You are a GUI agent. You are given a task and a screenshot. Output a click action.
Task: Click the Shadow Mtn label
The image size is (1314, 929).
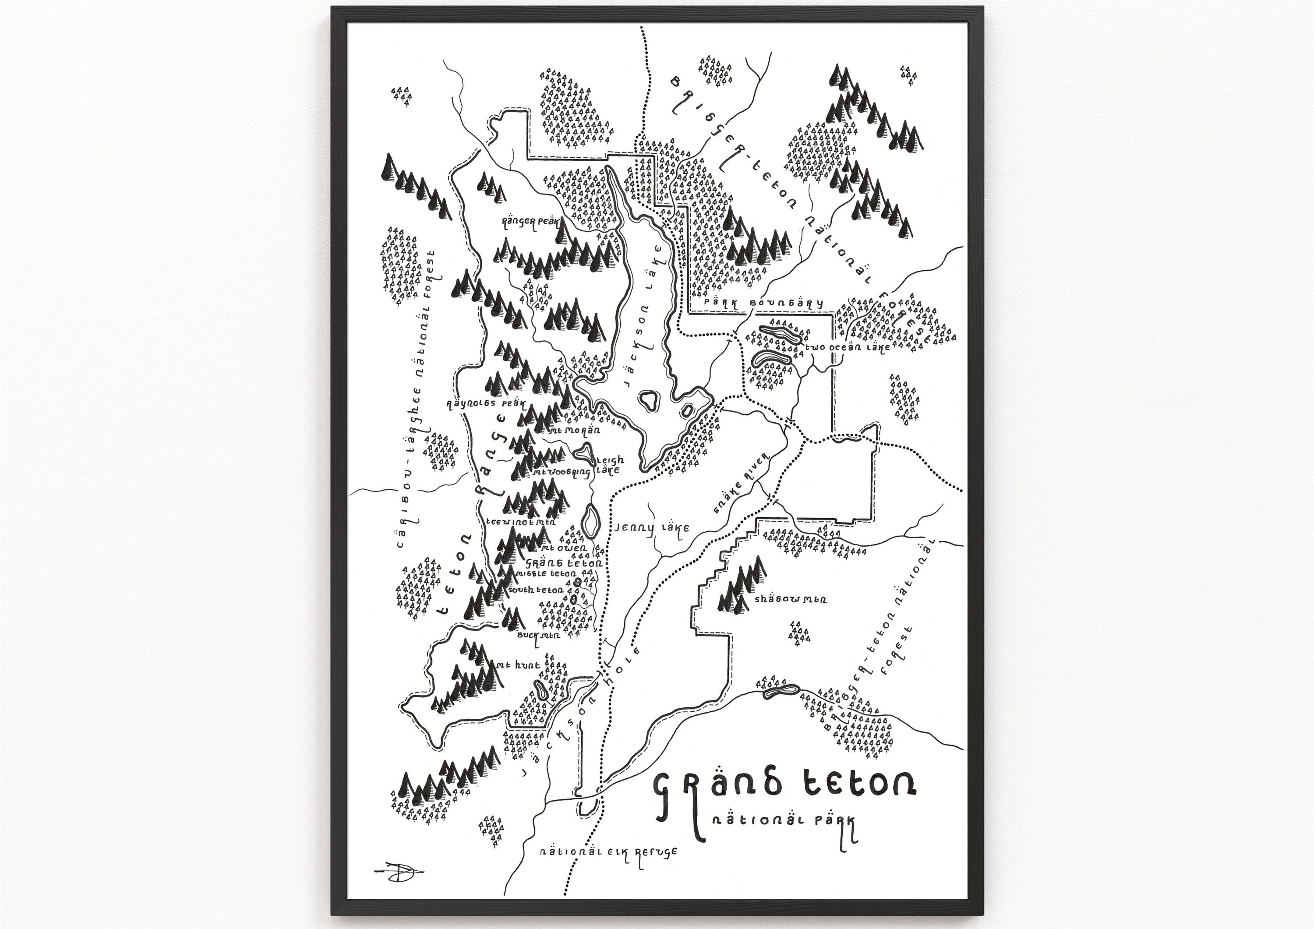790,599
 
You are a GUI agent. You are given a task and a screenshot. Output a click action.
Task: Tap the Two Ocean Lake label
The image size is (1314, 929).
848,347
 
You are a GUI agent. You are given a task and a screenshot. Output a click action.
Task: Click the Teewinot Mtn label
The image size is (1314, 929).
521,522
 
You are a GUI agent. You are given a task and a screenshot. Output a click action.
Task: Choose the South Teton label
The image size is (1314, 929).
535,590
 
